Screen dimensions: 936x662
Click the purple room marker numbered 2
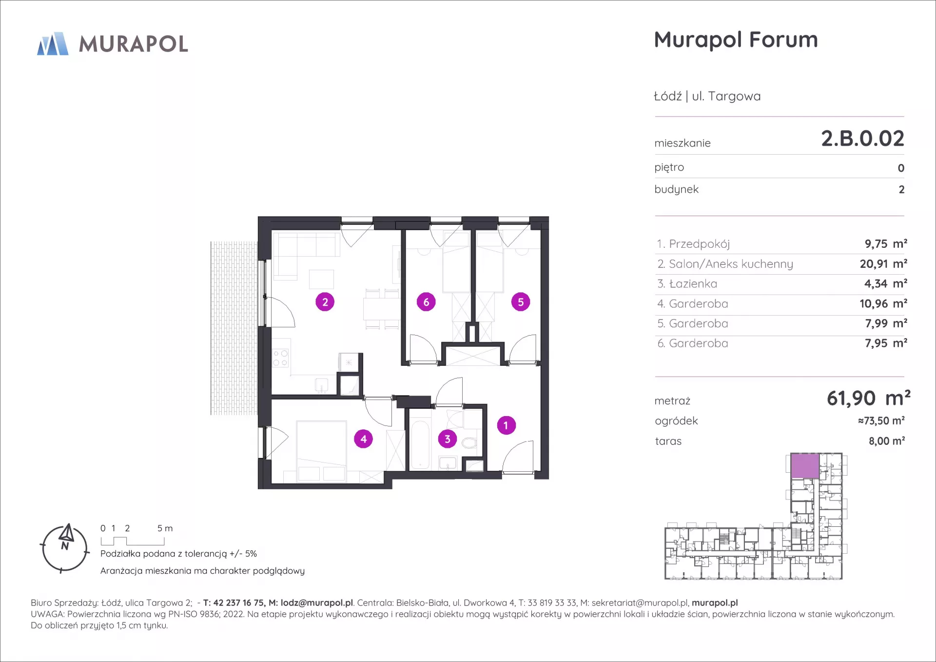click(x=325, y=302)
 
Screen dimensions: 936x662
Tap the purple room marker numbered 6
click(x=426, y=302)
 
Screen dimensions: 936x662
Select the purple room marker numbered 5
click(x=521, y=302)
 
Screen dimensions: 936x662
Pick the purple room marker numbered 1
click(x=506, y=425)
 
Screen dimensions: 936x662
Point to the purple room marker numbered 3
click(x=448, y=439)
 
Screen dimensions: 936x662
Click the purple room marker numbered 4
click(x=363, y=439)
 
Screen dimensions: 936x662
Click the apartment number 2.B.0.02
click(x=862, y=139)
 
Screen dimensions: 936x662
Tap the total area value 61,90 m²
click(x=868, y=399)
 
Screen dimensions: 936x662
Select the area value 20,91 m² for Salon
click(x=883, y=264)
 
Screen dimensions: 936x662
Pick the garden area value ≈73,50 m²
click(x=881, y=421)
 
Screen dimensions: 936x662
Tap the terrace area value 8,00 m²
click(x=887, y=441)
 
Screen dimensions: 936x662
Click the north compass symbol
click(x=65, y=548)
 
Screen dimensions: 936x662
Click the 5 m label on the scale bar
click(x=165, y=528)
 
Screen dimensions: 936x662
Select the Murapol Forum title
click(x=736, y=40)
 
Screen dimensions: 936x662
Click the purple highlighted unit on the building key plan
click(x=805, y=466)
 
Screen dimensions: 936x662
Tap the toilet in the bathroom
click(x=469, y=442)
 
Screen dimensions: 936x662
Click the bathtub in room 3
click(x=420, y=444)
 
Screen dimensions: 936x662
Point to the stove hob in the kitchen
click(x=280, y=358)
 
